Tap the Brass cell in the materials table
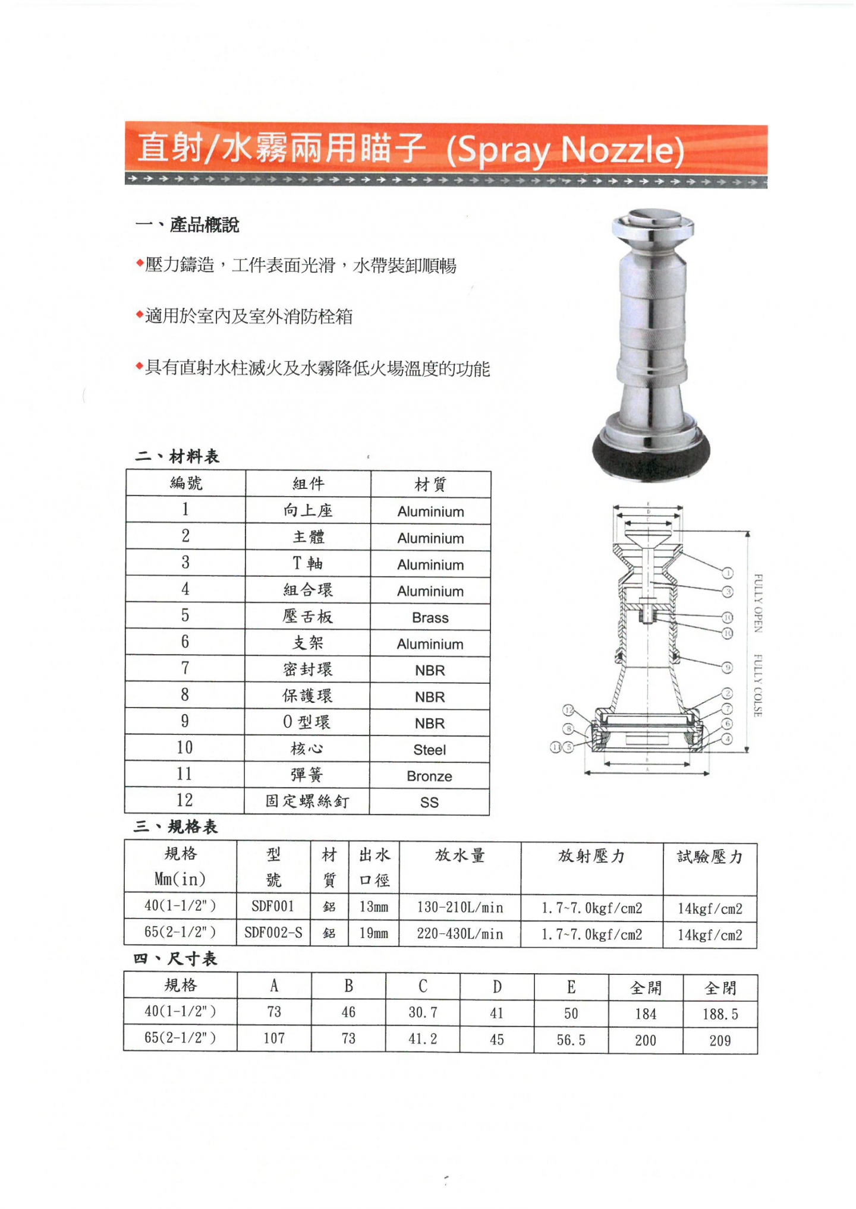[x=430, y=618]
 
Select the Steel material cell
[x=429, y=750]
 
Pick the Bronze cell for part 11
[x=429, y=776]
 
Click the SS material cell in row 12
[x=429, y=803]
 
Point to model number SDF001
[x=273, y=907]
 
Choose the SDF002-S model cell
[x=273, y=933]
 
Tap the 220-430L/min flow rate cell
[x=460, y=934]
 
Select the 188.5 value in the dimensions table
[x=720, y=1014]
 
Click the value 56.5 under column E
[x=571, y=1040]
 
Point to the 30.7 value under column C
[x=423, y=1012]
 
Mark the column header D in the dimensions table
[x=497, y=987]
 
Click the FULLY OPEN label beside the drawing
[x=758, y=603]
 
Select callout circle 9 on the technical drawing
[x=727, y=668]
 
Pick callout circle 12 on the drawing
[x=568, y=710]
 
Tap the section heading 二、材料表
[x=177, y=456]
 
